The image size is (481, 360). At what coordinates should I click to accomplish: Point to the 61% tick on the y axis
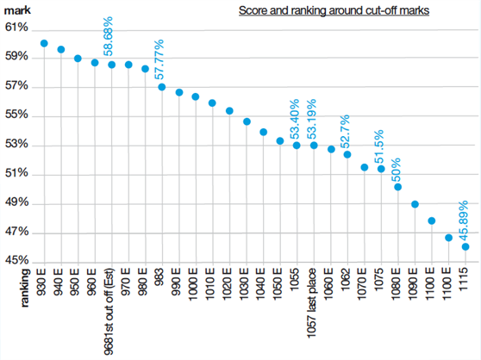click(x=16, y=28)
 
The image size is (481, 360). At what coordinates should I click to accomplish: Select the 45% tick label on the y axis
click(x=16, y=261)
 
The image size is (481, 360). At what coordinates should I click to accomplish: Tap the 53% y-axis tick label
click(x=16, y=145)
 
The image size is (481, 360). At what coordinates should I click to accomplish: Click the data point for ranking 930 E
click(x=44, y=43)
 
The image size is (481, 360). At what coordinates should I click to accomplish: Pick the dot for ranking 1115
click(x=465, y=246)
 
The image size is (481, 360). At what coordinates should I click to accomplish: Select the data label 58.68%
click(x=109, y=37)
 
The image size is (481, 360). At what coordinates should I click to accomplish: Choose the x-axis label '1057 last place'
click(x=314, y=307)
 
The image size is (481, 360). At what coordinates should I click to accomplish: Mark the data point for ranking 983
click(x=162, y=87)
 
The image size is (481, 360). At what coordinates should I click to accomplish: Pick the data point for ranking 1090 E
click(x=415, y=204)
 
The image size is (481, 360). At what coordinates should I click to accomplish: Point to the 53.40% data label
click(x=296, y=120)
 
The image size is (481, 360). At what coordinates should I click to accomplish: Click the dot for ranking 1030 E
click(x=247, y=121)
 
